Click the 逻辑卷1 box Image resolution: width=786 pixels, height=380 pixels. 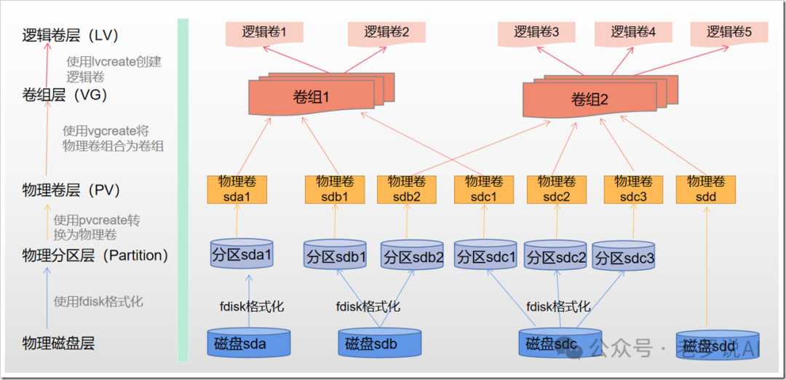click(263, 33)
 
